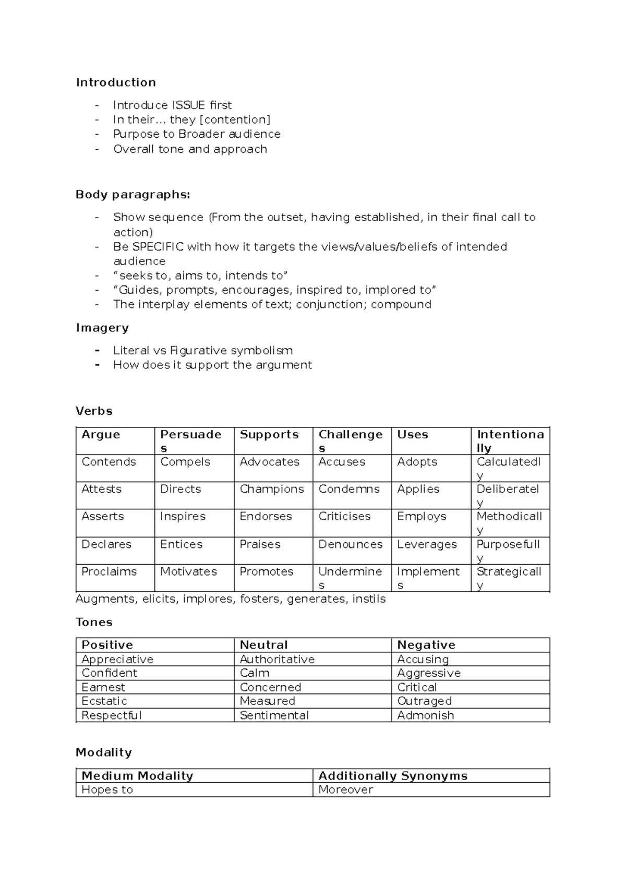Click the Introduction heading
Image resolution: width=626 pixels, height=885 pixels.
(x=116, y=82)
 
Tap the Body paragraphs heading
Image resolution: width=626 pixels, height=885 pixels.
(x=133, y=195)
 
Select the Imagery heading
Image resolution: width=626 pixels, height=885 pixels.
(x=102, y=328)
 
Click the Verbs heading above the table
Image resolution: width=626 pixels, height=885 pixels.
(x=94, y=411)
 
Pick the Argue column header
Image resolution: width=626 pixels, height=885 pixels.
(x=101, y=435)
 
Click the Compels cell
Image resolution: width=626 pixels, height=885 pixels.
(x=185, y=462)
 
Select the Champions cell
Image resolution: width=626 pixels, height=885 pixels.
(x=272, y=489)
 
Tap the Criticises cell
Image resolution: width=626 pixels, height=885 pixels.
(x=344, y=516)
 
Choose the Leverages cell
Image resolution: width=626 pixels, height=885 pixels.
(x=427, y=544)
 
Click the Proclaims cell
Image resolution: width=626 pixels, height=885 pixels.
(x=109, y=571)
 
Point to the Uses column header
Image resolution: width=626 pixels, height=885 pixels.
(x=413, y=435)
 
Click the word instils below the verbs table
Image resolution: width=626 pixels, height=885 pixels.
(x=369, y=599)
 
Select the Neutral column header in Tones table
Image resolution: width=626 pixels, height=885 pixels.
(x=263, y=645)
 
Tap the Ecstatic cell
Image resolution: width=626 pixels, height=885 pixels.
(x=104, y=701)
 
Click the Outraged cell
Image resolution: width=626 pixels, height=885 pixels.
(x=424, y=701)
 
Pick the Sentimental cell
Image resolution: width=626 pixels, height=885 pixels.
(x=274, y=715)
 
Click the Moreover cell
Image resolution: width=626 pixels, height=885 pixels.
(x=345, y=790)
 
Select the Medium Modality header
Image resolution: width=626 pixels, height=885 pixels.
(x=137, y=776)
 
